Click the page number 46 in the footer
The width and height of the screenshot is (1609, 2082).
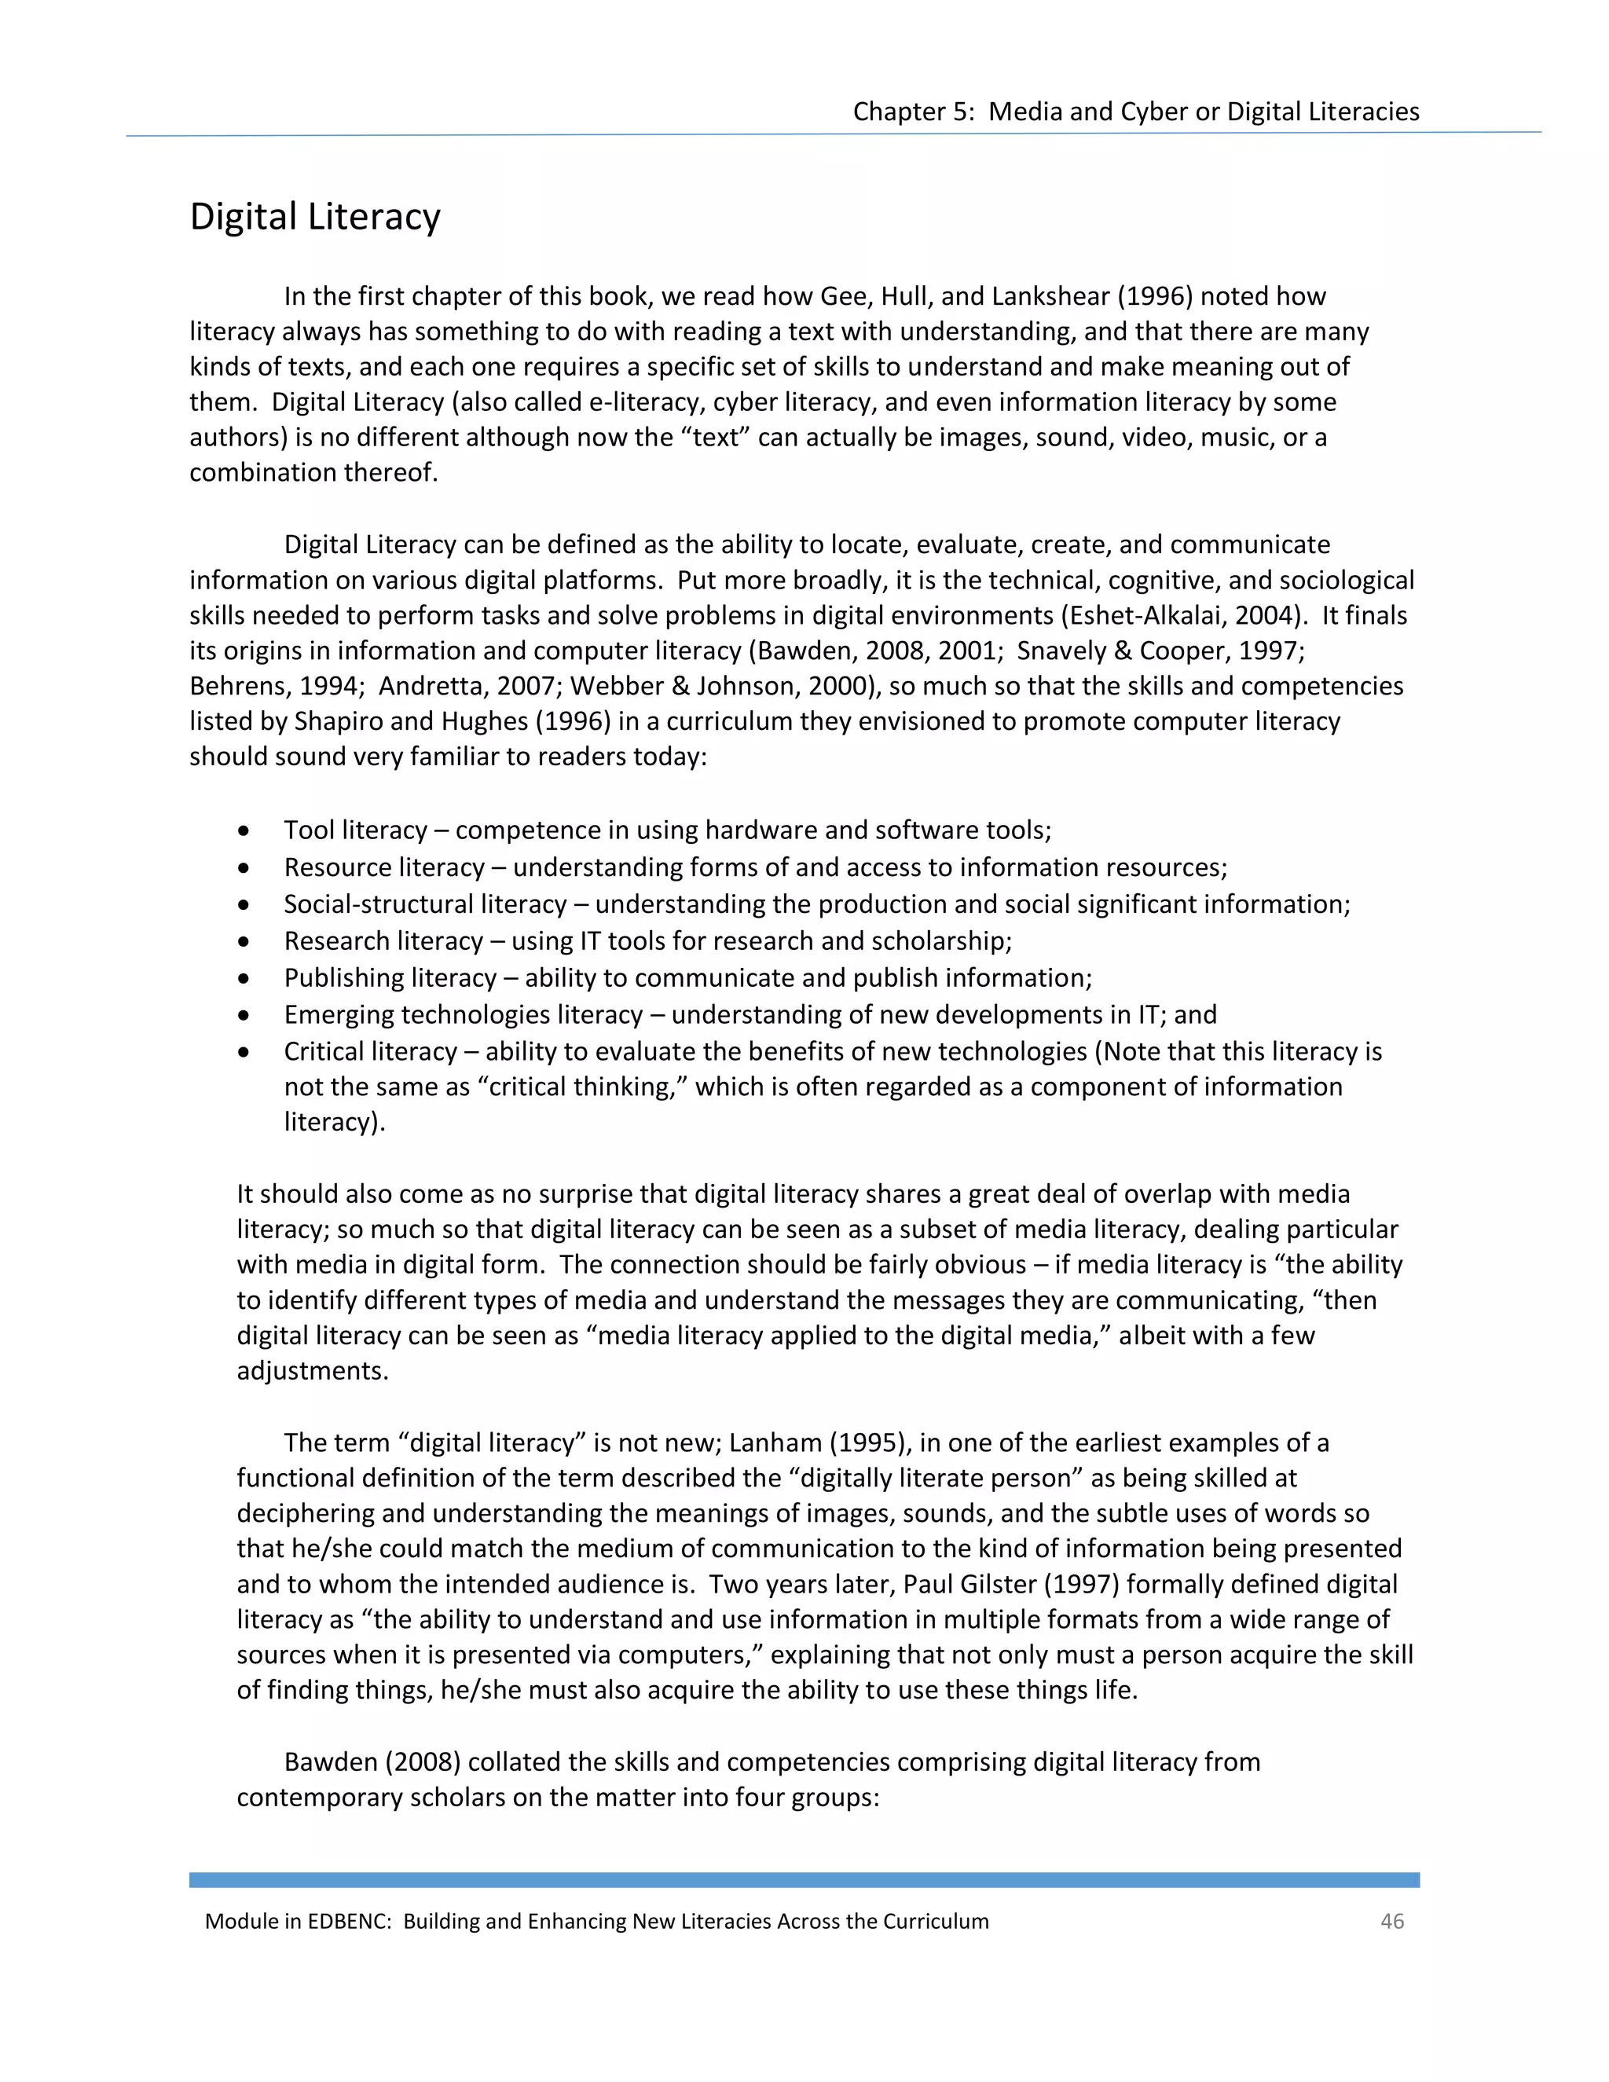(1391, 1921)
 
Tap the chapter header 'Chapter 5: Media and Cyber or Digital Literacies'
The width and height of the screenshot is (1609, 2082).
(1135, 112)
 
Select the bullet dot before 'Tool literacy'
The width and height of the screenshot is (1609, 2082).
(245, 831)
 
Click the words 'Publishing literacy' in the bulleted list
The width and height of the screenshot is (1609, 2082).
(390, 977)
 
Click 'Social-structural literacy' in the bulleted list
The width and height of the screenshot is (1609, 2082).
(425, 904)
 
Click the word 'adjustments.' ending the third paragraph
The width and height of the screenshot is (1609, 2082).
(313, 1370)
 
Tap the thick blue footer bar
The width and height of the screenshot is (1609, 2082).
(804, 1880)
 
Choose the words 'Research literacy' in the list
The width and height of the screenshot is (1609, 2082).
(383, 941)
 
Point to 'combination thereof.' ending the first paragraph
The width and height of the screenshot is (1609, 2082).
(313, 472)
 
